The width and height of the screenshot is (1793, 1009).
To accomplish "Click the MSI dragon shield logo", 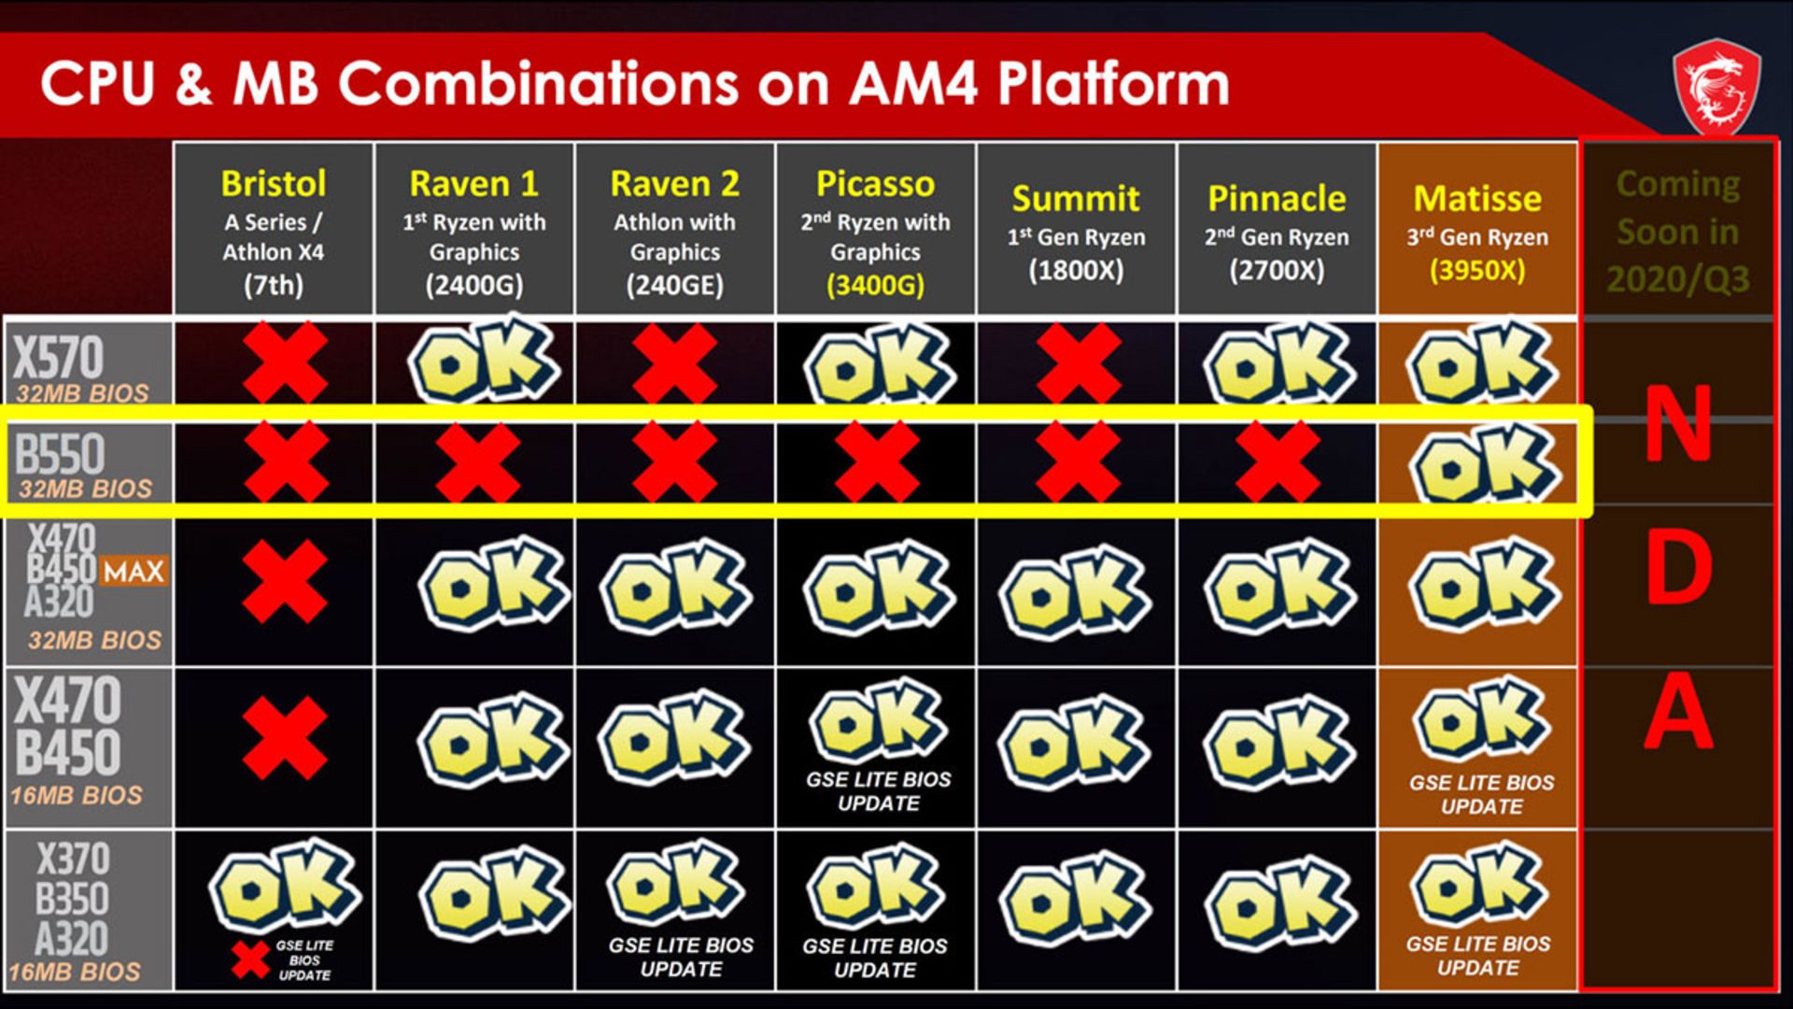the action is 1716,87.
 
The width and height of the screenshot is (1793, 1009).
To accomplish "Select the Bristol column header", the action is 274,229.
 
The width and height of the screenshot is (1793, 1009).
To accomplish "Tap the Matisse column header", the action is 1477,229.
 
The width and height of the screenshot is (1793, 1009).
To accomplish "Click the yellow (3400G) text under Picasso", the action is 875,285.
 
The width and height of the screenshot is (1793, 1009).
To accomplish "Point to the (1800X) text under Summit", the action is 1076,270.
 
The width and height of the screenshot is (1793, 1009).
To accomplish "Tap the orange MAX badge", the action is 134,571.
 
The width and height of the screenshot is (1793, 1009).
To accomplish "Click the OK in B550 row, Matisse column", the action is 1483,463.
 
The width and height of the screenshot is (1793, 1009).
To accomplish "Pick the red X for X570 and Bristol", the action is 285,362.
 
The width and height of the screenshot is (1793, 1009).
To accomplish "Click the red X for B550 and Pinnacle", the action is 1278,462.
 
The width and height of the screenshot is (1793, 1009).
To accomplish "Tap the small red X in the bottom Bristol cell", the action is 250,959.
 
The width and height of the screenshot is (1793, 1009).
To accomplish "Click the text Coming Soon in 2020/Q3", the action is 1678,231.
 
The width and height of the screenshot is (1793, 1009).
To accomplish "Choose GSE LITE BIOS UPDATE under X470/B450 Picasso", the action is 879,791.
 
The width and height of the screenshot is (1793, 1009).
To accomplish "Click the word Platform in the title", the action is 1114,83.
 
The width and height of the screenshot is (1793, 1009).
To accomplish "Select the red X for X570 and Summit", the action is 1078,362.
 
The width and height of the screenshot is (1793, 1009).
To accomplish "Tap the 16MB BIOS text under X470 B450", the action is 77,795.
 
